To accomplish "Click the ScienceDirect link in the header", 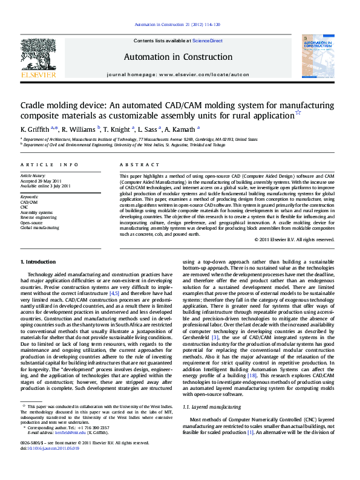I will click(208, 41).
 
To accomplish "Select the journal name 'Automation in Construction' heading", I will click(178, 57).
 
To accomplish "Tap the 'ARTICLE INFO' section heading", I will click(49, 164).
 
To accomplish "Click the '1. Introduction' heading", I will click(38, 262).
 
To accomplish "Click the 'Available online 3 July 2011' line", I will click(45, 186).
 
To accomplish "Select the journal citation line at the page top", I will click(177, 25).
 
